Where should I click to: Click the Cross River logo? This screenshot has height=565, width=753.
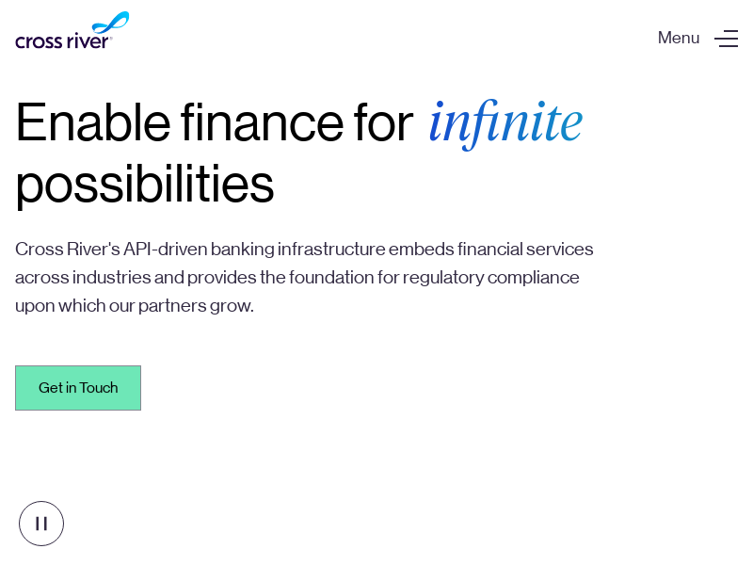coord(72,30)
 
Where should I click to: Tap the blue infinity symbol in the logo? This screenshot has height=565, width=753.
coord(111,22)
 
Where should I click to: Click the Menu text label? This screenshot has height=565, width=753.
coord(679,38)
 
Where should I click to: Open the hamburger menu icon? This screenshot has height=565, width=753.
coord(726,39)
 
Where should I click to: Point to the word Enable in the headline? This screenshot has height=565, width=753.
coord(93,123)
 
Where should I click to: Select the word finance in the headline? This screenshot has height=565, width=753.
coord(263,123)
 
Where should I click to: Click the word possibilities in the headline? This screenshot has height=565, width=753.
coord(145,185)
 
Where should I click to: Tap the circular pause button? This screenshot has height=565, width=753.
coord(41,524)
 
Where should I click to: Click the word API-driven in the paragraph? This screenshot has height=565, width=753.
coord(166,249)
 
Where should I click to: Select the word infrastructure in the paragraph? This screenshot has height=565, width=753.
coord(331,249)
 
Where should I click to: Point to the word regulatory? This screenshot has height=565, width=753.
coord(443,278)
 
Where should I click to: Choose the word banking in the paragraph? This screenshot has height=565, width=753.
coord(243,250)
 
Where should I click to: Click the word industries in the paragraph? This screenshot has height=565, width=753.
coord(112,277)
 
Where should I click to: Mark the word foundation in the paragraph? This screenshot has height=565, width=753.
coord(331,277)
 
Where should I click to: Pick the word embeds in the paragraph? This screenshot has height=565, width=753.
coord(421,249)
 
